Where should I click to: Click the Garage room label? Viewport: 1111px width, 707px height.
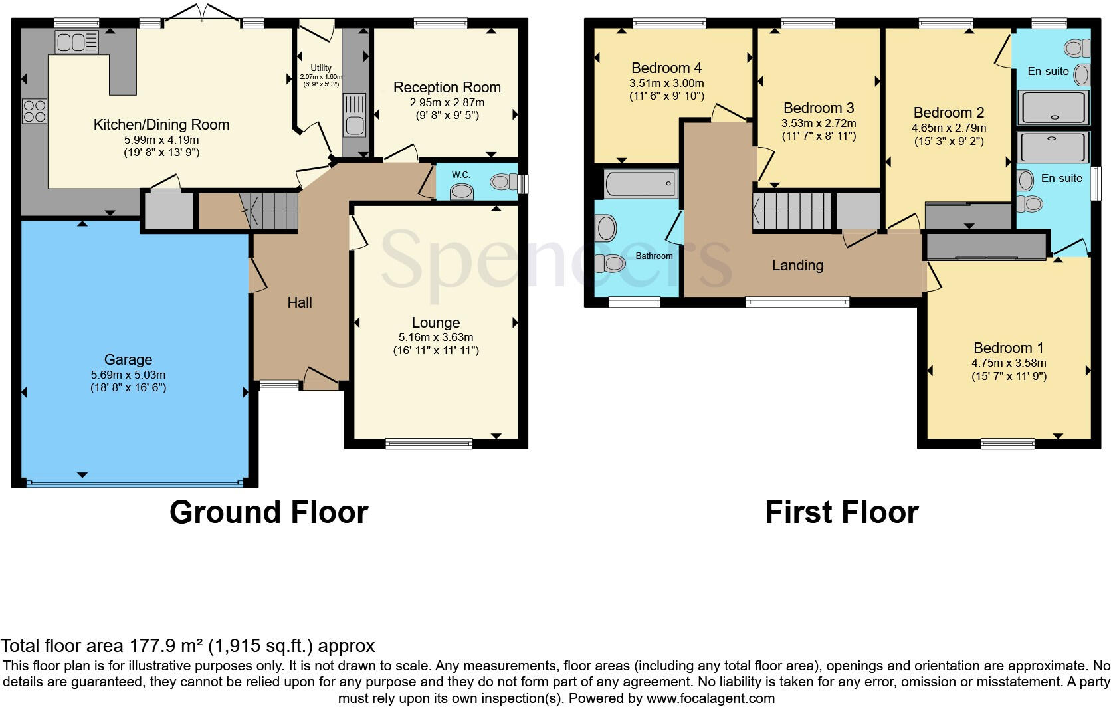coord(128,359)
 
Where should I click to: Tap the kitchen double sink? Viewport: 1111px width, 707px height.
coord(76,43)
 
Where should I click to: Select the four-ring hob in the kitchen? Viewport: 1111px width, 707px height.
coord(35,110)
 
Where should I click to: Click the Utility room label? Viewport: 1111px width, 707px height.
coord(321,68)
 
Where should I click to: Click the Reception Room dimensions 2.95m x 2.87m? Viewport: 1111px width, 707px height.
coord(447,102)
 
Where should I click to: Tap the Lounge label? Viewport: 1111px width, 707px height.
coord(435,322)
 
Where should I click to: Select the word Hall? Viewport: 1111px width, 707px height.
coord(300,302)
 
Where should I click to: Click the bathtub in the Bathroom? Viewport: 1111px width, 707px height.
coord(641,183)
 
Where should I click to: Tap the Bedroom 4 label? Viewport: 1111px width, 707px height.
coord(666,68)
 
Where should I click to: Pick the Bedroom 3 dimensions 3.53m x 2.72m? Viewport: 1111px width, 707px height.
coord(819,123)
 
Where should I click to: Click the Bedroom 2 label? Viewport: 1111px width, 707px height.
coord(948,112)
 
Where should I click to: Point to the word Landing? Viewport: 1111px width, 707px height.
coord(797,265)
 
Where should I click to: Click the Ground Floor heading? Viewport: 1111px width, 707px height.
coord(268,512)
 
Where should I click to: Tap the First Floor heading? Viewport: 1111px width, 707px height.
coord(841,512)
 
